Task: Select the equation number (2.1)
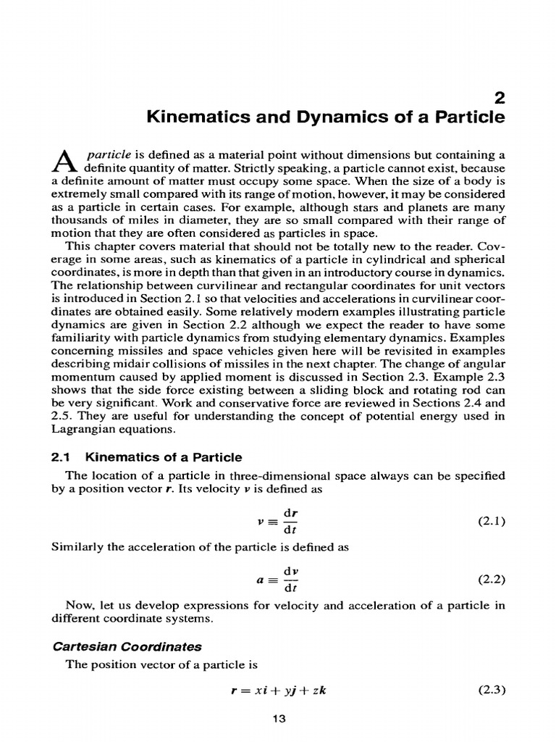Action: click(x=492, y=521)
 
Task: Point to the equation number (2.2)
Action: click(x=492, y=579)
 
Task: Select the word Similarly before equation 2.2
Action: click(x=79, y=548)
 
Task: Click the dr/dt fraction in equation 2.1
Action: click(x=290, y=521)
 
